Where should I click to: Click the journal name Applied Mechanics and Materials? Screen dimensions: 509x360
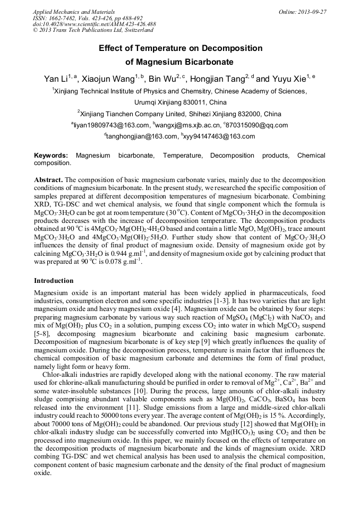(x=66, y=12)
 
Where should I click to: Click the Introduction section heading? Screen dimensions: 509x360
(x=54, y=280)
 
